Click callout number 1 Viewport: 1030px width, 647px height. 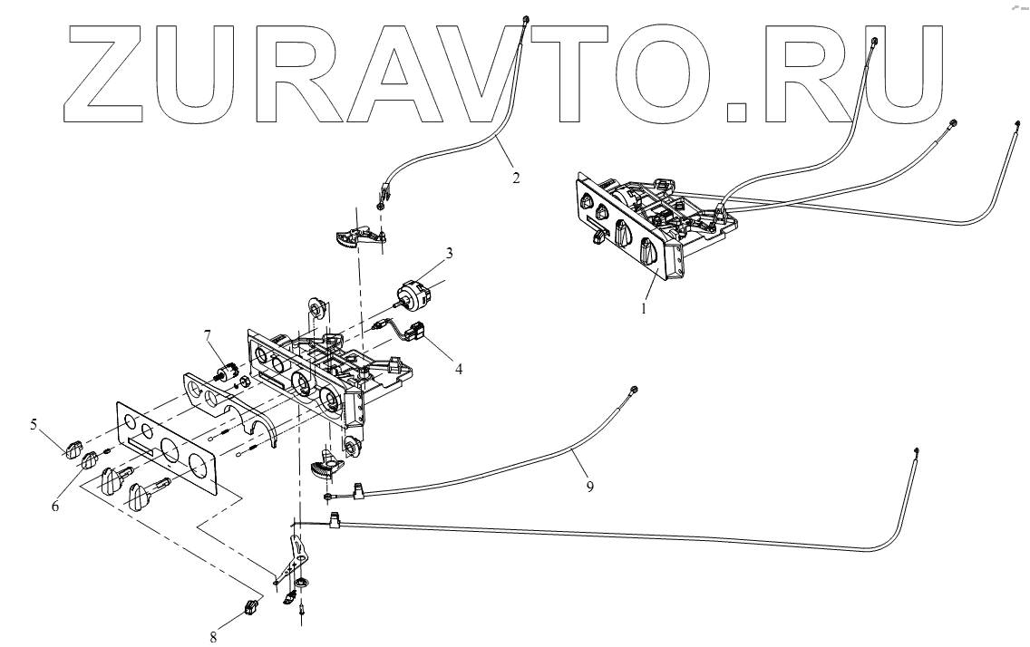point(645,308)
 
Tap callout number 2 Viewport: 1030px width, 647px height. point(516,178)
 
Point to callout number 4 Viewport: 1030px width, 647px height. point(459,369)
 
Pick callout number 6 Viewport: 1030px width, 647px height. point(55,506)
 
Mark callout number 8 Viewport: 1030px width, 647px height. point(214,637)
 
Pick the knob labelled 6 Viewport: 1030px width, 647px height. point(91,462)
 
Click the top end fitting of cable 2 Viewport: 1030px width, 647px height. point(527,19)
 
